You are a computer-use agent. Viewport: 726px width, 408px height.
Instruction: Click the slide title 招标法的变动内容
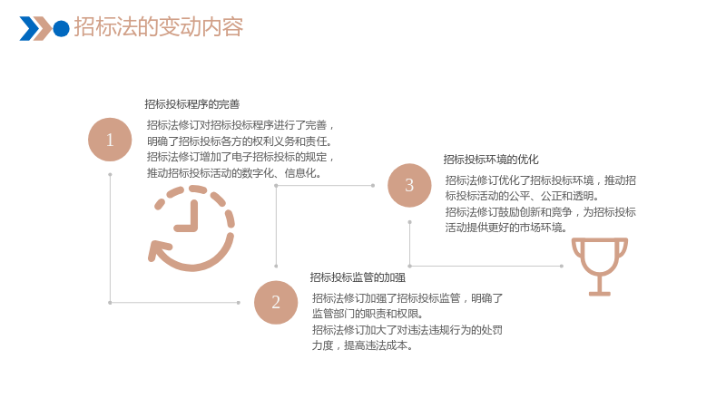(158, 27)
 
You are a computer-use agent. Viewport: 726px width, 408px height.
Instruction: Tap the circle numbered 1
(110, 140)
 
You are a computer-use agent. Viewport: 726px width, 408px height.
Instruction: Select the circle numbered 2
(276, 303)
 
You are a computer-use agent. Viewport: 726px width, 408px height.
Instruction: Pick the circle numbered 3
(409, 185)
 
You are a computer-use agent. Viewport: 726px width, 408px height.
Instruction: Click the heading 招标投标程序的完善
(192, 104)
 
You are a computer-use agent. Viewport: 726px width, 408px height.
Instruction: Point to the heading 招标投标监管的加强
(358, 277)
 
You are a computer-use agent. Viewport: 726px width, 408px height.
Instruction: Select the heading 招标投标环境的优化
(491, 160)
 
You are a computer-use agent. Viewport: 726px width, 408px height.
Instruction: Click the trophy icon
(600, 267)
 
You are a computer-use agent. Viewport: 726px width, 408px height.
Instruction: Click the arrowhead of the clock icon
(157, 251)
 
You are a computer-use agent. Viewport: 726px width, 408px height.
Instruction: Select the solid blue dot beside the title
(61, 28)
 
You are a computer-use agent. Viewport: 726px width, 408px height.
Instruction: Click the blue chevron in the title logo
(29, 28)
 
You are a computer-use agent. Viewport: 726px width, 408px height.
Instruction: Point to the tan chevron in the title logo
(43, 28)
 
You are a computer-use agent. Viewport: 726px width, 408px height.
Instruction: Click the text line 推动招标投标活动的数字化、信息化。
(234, 173)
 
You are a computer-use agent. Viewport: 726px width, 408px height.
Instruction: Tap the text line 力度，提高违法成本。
(362, 345)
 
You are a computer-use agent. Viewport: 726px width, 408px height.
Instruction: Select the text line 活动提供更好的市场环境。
(506, 228)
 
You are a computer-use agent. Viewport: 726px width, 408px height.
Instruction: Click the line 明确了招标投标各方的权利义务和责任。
(240, 141)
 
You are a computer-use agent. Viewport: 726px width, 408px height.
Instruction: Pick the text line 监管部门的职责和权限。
(368, 314)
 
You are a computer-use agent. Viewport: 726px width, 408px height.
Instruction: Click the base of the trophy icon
(600, 293)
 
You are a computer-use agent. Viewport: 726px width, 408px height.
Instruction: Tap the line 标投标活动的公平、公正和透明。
(523, 196)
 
